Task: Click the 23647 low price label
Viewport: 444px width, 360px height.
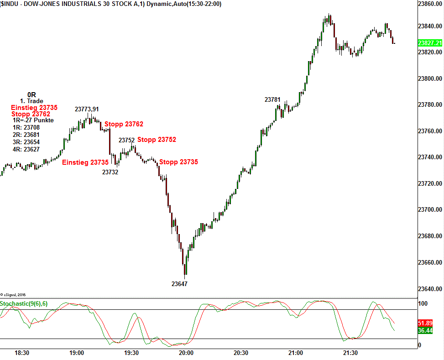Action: tap(179, 284)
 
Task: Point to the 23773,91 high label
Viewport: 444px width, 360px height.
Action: tap(87, 109)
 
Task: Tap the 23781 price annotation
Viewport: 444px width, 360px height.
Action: tap(272, 99)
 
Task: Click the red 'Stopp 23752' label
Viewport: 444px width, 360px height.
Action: tap(157, 140)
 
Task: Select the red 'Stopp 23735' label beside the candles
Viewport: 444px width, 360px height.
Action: tap(178, 162)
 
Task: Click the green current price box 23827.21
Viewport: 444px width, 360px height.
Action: tap(430, 43)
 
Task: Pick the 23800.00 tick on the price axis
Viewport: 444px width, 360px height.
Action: tap(431, 78)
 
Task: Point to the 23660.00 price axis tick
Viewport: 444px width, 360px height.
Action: tap(431, 263)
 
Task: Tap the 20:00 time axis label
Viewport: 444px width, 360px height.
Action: tap(186, 353)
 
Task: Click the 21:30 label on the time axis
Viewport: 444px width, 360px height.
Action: tap(350, 353)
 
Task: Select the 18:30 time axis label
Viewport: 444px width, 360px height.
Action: tap(22, 353)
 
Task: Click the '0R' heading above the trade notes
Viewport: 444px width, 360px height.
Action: tap(31, 95)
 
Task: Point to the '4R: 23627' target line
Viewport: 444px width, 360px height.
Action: tap(26, 149)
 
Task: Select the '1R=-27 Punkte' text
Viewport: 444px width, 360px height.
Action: tap(33, 120)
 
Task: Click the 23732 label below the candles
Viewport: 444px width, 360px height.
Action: tap(110, 172)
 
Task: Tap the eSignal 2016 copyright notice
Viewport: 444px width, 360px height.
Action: tap(13, 295)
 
